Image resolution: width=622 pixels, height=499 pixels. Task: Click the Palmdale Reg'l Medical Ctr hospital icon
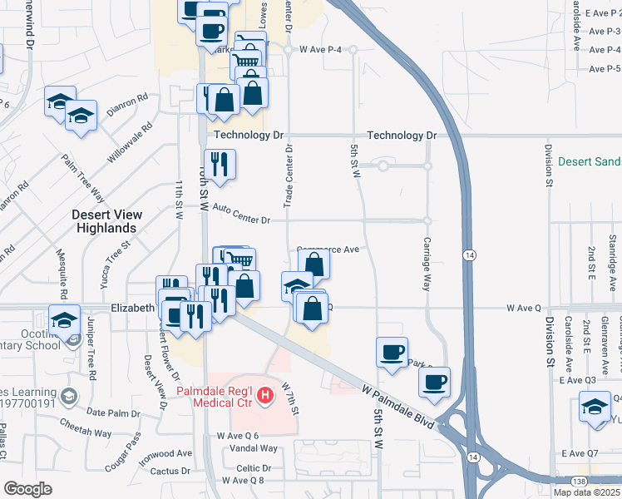pos(265,394)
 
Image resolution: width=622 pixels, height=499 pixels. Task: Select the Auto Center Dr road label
pos(242,220)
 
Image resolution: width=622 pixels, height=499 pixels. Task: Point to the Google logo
pos(27,488)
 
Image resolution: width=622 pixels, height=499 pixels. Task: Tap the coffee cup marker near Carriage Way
pos(433,382)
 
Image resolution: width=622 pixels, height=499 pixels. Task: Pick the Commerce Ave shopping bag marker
pos(314,264)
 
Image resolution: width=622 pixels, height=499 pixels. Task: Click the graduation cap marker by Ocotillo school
pos(64,319)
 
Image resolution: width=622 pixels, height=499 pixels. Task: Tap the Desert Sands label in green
pos(590,161)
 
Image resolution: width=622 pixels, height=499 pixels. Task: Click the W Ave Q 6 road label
pos(238,436)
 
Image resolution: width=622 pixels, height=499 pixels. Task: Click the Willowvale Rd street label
pos(131,143)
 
